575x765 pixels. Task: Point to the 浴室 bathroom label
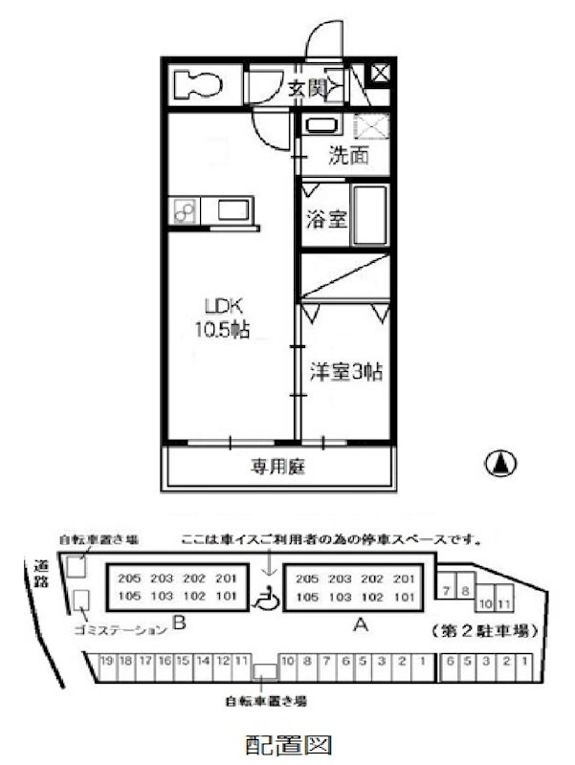tap(326, 219)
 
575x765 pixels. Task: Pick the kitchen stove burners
tap(185, 210)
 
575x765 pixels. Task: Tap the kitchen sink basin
tap(232, 210)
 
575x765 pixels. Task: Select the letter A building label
tap(360, 625)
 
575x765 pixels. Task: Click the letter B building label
tap(178, 627)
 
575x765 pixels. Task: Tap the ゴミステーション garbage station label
tap(119, 629)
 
